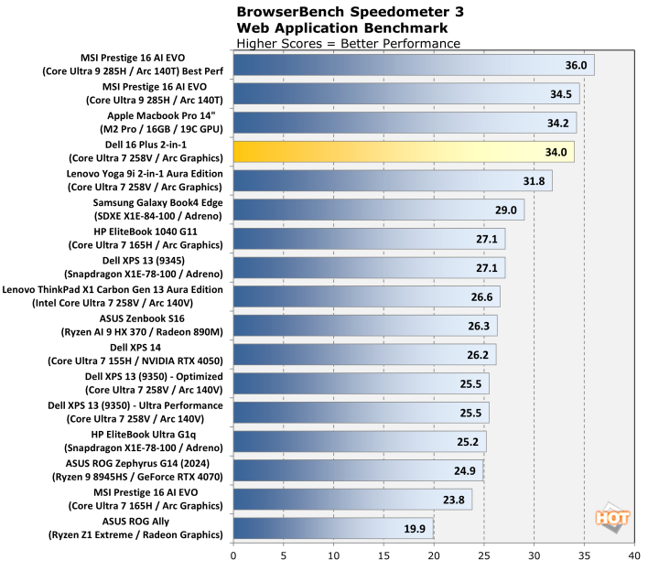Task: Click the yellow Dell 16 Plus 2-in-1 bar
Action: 403,152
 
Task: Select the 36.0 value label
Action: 576,66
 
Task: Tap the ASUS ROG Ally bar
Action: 333,529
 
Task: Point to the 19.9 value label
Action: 416,529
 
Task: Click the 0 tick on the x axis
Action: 234,555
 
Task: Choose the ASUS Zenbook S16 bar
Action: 365,326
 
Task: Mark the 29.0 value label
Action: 506,210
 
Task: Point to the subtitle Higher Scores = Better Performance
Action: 348,43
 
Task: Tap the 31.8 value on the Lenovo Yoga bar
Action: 534,181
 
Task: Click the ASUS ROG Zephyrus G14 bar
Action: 358,471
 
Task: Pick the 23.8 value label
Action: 454,501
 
